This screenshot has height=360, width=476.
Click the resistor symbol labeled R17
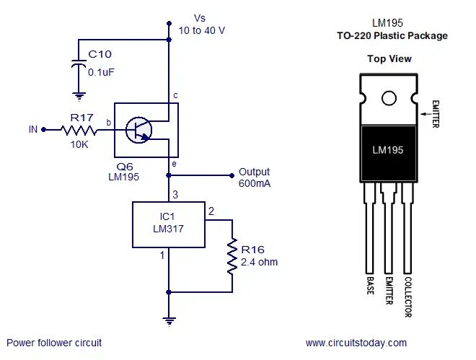coord(78,130)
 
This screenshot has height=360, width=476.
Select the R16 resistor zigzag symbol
coord(232,257)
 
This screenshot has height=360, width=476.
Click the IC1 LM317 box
coord(167,224)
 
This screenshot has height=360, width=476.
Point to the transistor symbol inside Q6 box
coord(138,130)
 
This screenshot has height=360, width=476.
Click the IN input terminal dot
coord(43,130)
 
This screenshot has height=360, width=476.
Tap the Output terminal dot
coord(232,175)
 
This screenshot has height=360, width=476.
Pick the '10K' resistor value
coord(79,144)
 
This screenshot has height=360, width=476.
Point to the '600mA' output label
coord(254,184)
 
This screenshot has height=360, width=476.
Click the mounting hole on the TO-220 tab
coord(389,98)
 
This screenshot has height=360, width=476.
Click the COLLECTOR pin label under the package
coord(408,297)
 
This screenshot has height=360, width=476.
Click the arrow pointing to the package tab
coord(426,113)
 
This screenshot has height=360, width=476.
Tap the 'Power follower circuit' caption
coord(54,343)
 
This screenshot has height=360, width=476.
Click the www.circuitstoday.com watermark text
coord(356,343)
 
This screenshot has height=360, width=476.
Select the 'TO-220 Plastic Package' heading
coord(392,35)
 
